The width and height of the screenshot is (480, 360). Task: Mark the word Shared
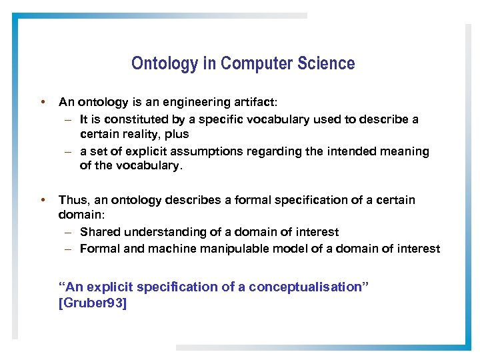pyautogui.click(x=100, y=232)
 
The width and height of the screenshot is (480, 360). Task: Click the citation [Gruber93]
pyautogui.click(x=93, y=303)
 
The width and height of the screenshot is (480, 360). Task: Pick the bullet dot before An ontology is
pyautogui.click(x=43, y=102)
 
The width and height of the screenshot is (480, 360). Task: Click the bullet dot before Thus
pyautogui.click(x=43, y=199)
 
